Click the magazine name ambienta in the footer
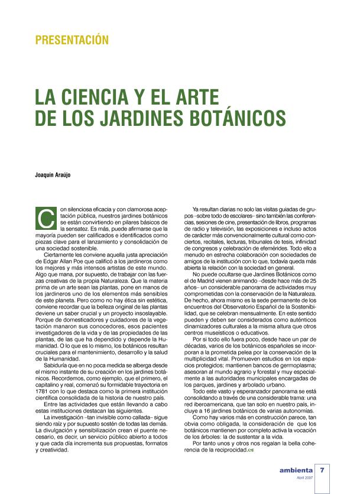(296, 471)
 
